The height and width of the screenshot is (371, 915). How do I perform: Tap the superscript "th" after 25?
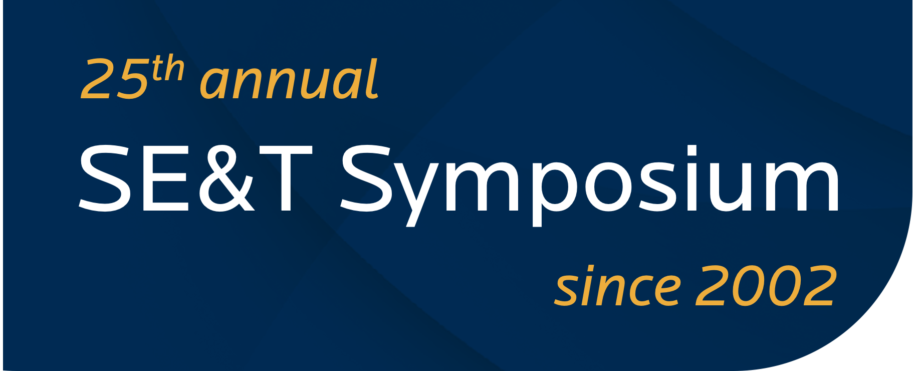coord(168,69)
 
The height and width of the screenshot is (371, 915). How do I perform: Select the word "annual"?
coord(289,80)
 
